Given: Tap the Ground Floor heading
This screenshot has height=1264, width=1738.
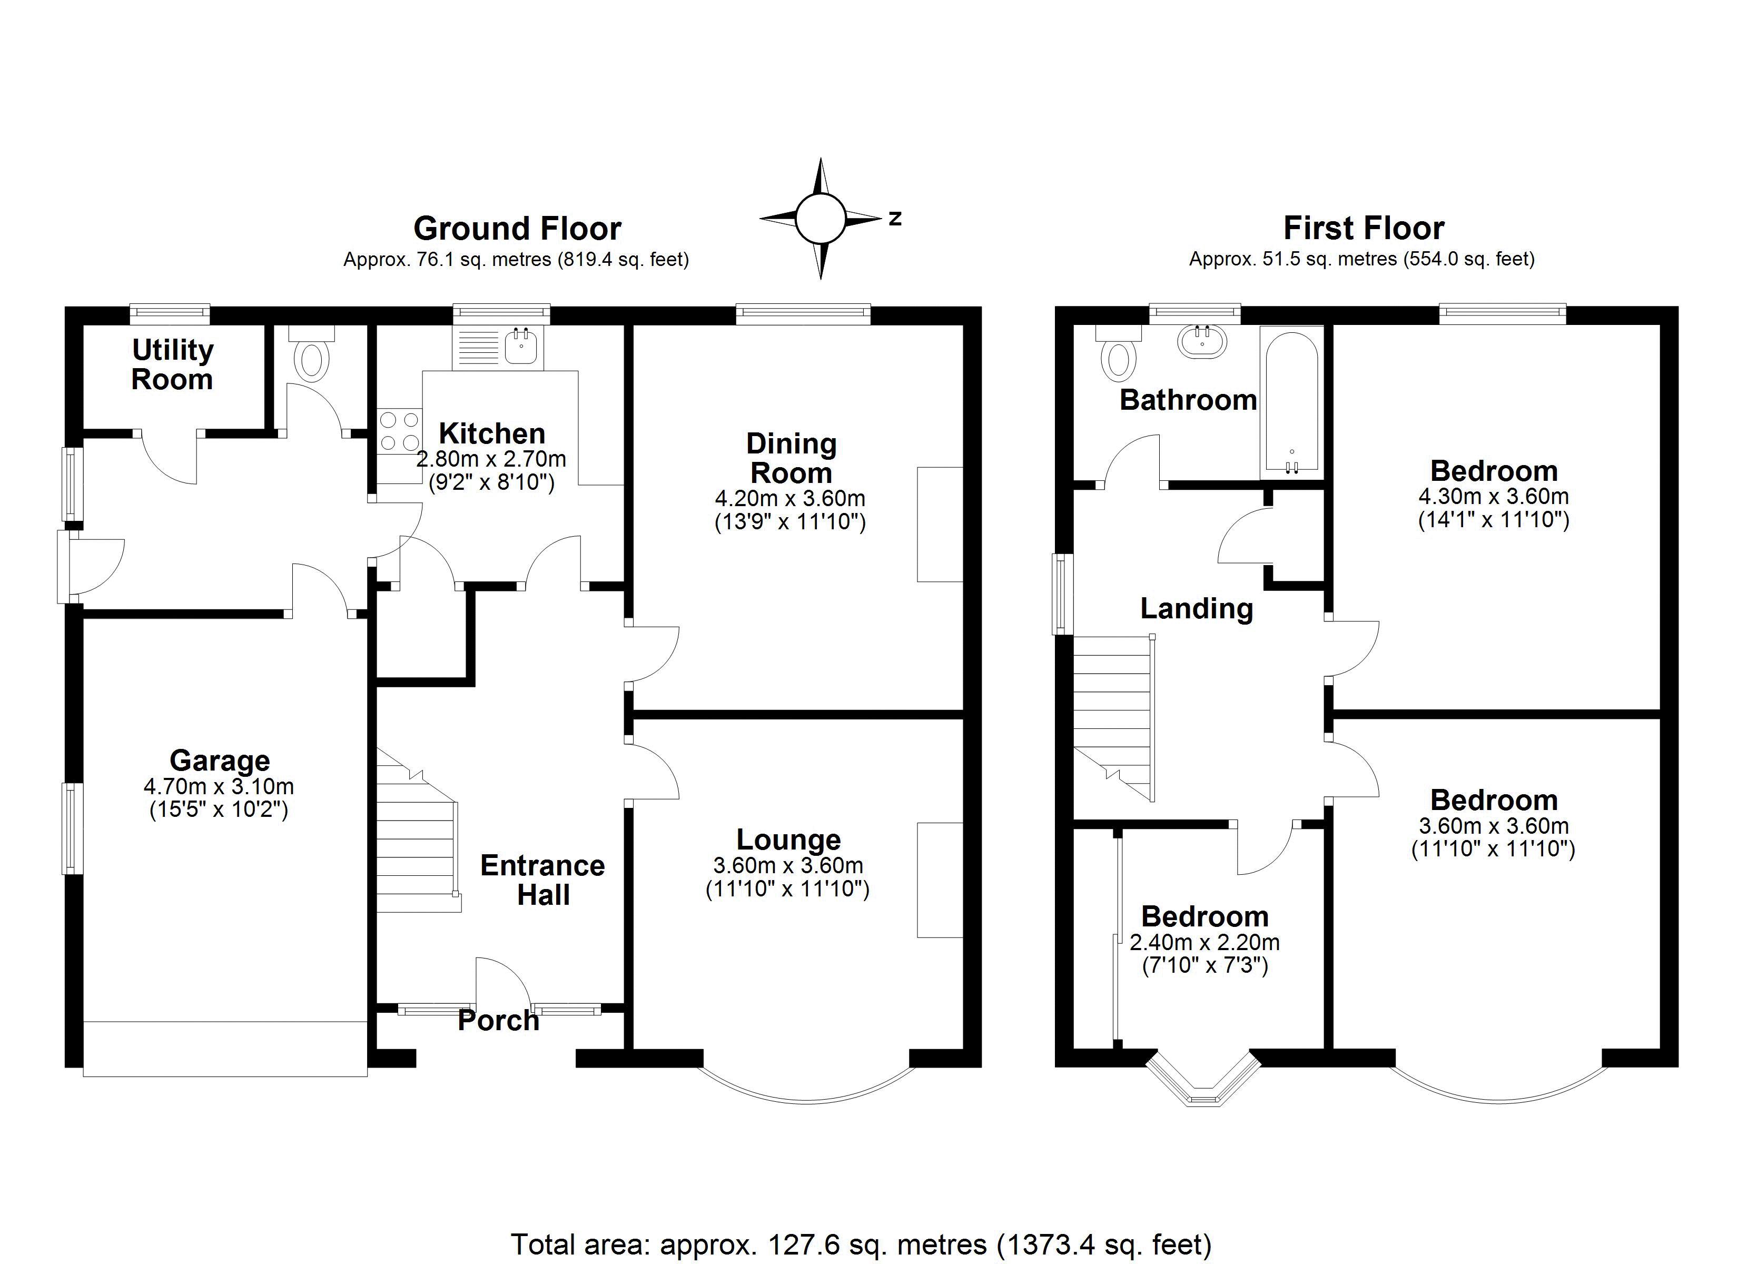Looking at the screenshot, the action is point(517,229).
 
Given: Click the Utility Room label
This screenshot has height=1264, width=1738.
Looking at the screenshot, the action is point(172,365).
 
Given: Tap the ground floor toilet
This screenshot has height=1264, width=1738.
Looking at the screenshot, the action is point(312,352).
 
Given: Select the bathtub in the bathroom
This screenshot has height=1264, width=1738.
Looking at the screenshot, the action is point(1291,402).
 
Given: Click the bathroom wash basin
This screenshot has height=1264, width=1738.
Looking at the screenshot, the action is point(1201,340).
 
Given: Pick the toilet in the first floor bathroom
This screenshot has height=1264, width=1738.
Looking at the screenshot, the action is point(1119,352).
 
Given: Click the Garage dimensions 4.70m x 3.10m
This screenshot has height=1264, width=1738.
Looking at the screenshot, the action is point(219,786).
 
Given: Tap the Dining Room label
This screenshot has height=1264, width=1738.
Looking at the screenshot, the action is point(791,458).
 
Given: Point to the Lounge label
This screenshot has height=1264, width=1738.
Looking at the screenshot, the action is point(788,840).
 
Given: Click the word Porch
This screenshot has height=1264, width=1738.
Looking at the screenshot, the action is point(499,1020).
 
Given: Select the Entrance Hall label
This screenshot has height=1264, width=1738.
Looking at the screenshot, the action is point(542,880).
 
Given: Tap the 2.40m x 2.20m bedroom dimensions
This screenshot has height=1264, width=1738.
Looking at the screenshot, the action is point(1204,942).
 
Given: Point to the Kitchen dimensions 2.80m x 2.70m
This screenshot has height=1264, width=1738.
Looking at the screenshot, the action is point(491,459).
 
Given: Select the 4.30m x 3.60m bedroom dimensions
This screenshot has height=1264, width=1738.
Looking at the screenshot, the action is point(1494,497).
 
